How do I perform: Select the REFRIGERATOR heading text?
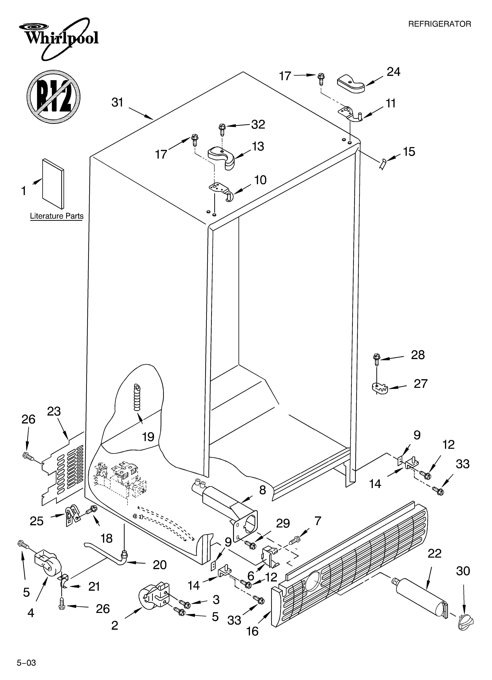440,24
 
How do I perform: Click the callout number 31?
117,103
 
